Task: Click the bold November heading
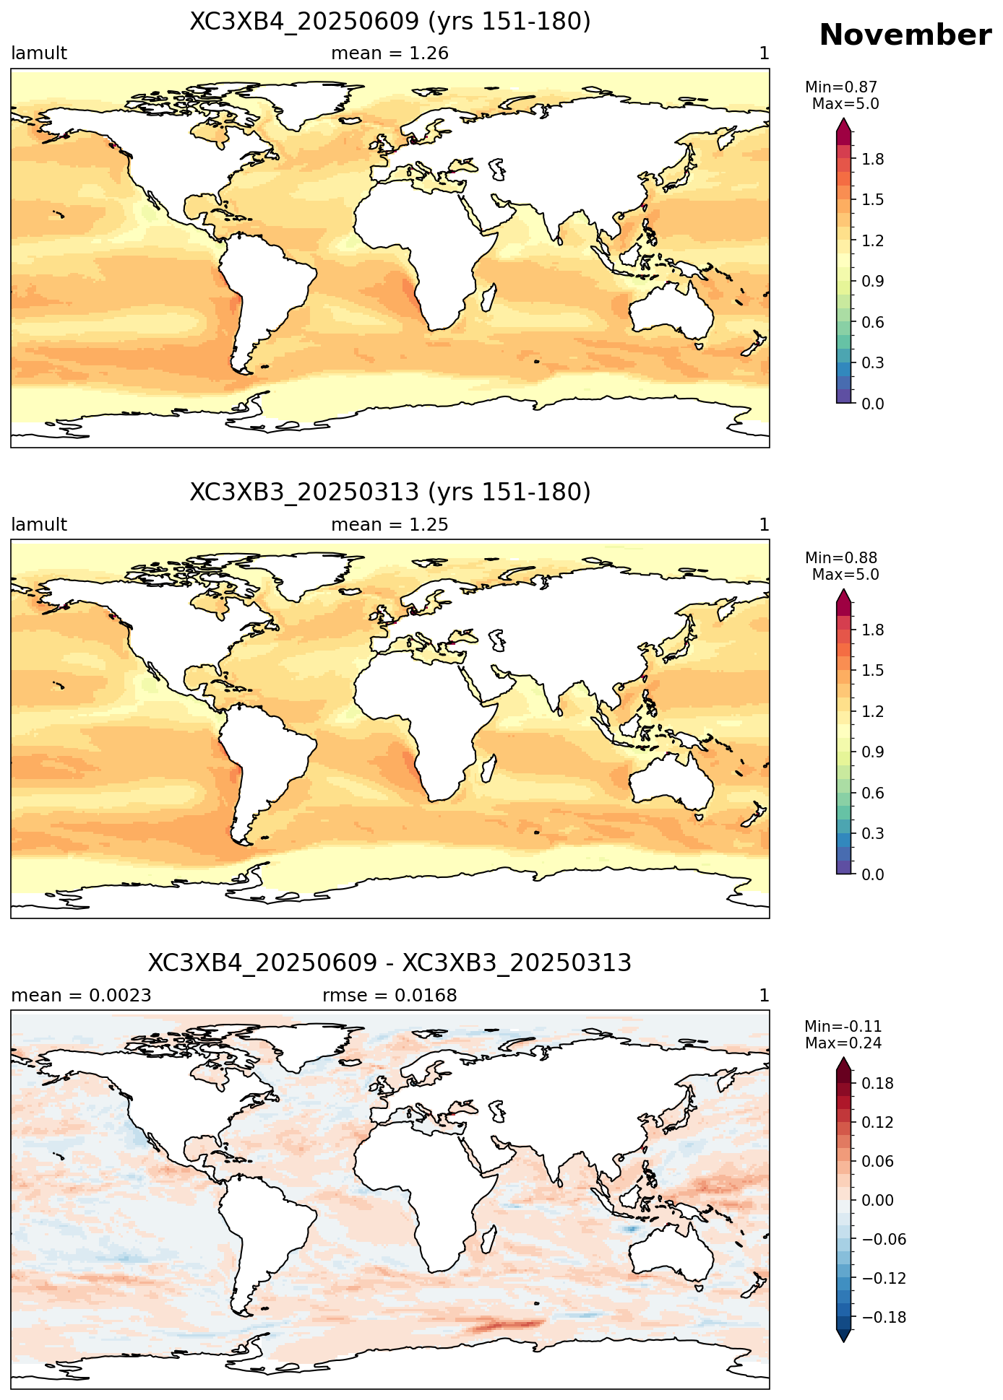[x=905, y=35]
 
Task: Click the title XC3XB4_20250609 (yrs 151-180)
[x=390, y=22]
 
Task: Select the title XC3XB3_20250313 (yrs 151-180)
[x=390, y=492]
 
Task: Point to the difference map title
[x=390, y=963]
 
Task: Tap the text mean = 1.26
[x=390, y=53]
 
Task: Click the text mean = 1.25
[x=390, y=525]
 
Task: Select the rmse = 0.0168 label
[x=390, y=996]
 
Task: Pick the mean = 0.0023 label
[x=81, y=996]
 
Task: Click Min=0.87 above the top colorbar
[x=841, y=87]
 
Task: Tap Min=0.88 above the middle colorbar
[x=841, y=558]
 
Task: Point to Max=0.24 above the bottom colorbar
[x=843, y=1043]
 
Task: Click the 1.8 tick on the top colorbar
[x=873, y=159]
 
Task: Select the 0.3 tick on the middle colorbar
[x=873, y=834]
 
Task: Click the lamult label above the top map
[x=39, y=53]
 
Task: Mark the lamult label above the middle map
[x=39, y=525]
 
